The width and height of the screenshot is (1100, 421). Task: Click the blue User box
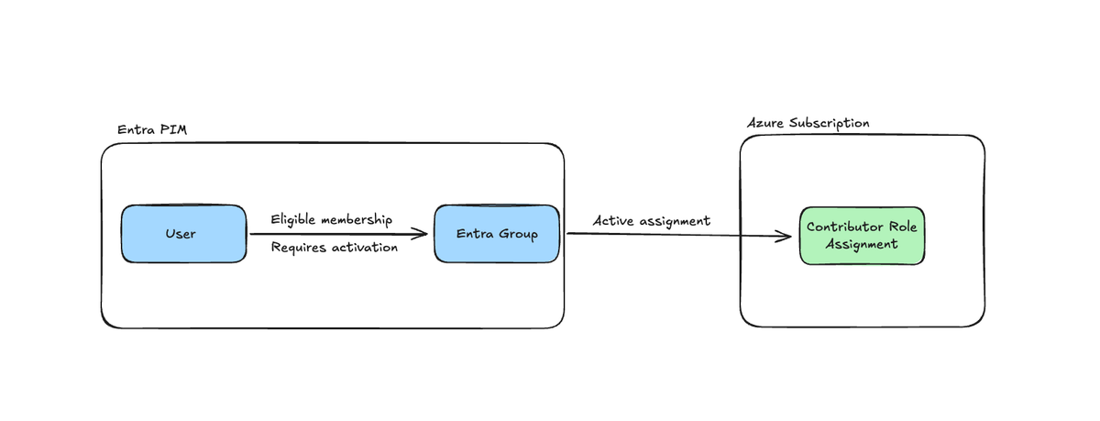[183, 234]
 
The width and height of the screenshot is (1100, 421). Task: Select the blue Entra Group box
[496, 234]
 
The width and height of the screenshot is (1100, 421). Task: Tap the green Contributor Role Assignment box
[861, 236]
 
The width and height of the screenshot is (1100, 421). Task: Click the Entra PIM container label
[152, 129]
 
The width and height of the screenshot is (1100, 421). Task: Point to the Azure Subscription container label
[808, 123]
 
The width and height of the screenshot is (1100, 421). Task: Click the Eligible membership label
[332, 220]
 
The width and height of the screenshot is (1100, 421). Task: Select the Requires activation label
[334, 248]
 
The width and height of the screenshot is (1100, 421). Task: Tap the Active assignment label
[651, 221]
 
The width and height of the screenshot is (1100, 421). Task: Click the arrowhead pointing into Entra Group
[421, 234]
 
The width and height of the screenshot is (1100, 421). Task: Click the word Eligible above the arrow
[294, 220]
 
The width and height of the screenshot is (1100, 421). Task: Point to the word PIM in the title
[174, 129]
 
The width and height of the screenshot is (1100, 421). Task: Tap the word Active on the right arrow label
[614, 221]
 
